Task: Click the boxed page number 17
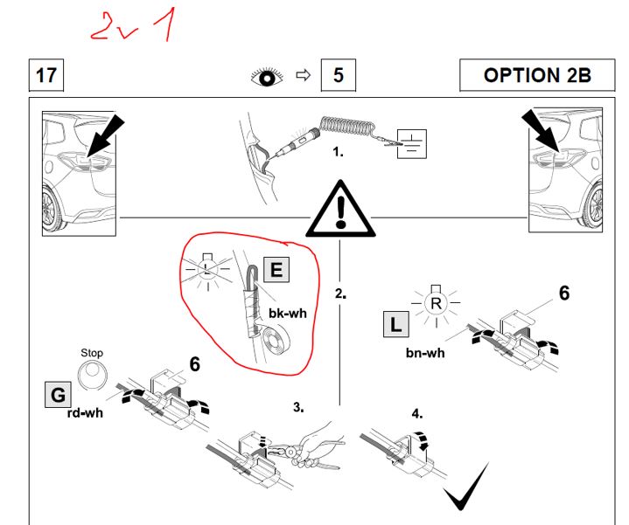coord(45,75)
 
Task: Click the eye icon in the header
coord(268,76)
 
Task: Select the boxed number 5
coord(338,75)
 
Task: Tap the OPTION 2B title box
coord(537,75)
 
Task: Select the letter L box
coord(396,327)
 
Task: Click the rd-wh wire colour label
coord(85,412)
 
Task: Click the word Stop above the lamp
coord(92,353)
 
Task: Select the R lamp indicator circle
coord(435,303)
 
